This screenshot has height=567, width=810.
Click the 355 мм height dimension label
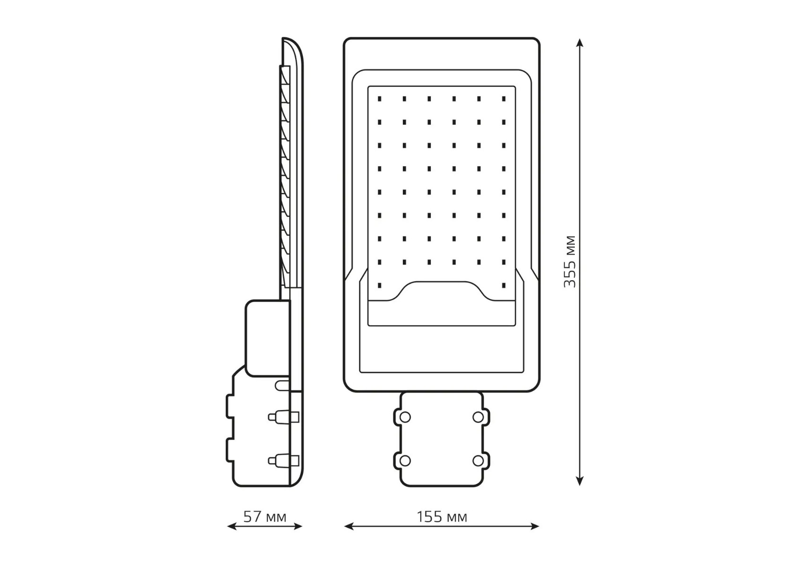[570, 261]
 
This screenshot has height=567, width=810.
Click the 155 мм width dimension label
[442, 517]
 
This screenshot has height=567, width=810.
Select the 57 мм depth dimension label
[264, 517]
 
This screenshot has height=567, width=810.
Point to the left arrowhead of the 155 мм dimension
[349, 526]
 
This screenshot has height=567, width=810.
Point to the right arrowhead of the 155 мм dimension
[535, 526]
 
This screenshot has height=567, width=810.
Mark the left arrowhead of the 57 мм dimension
[232, 526]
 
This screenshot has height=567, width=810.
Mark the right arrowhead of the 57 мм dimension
[298, 526]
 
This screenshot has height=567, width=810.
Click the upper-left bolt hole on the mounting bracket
[405, 417]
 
